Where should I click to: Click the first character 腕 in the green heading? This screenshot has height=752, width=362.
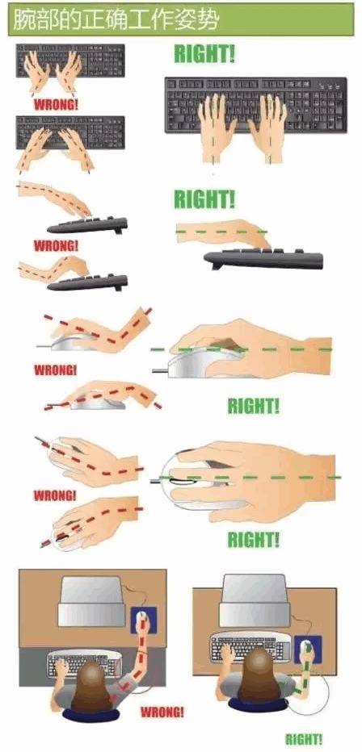(23, 19)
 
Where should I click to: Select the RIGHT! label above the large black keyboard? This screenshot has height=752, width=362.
(204, 54)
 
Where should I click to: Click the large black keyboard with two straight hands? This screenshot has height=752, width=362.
(255, 105)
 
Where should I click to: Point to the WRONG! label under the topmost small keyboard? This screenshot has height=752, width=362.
(56, 105)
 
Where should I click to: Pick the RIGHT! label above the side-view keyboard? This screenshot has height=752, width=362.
(204, 199)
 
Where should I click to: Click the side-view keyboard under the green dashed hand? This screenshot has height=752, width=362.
(263, 259)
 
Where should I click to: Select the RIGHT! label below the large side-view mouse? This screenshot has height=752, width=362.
(253, 406)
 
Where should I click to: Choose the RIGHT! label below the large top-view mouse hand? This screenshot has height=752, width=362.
(254, 540)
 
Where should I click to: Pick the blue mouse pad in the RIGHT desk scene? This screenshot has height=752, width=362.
(308, 650)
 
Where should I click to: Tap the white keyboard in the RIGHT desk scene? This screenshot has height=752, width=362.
(250, 645)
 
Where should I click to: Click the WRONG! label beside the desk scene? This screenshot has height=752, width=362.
(162, 711)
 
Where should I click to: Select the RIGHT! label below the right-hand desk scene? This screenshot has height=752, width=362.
(304, 738)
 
